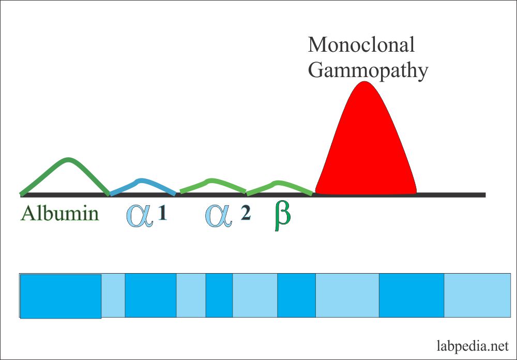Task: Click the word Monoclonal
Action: (361, 45)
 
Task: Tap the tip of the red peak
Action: (365, 82)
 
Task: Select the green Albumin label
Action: (59, 213)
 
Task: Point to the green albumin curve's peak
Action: (68, 159)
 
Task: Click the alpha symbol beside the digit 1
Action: (140, 215)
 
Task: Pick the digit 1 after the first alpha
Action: (162, 214)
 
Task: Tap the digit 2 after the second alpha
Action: (246, 214)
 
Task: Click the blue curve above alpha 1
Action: (142, 181)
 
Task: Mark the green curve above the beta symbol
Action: (278, 183)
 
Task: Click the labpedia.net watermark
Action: (472, 345)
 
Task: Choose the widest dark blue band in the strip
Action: (60, 296)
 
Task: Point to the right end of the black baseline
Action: (484, 195)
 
